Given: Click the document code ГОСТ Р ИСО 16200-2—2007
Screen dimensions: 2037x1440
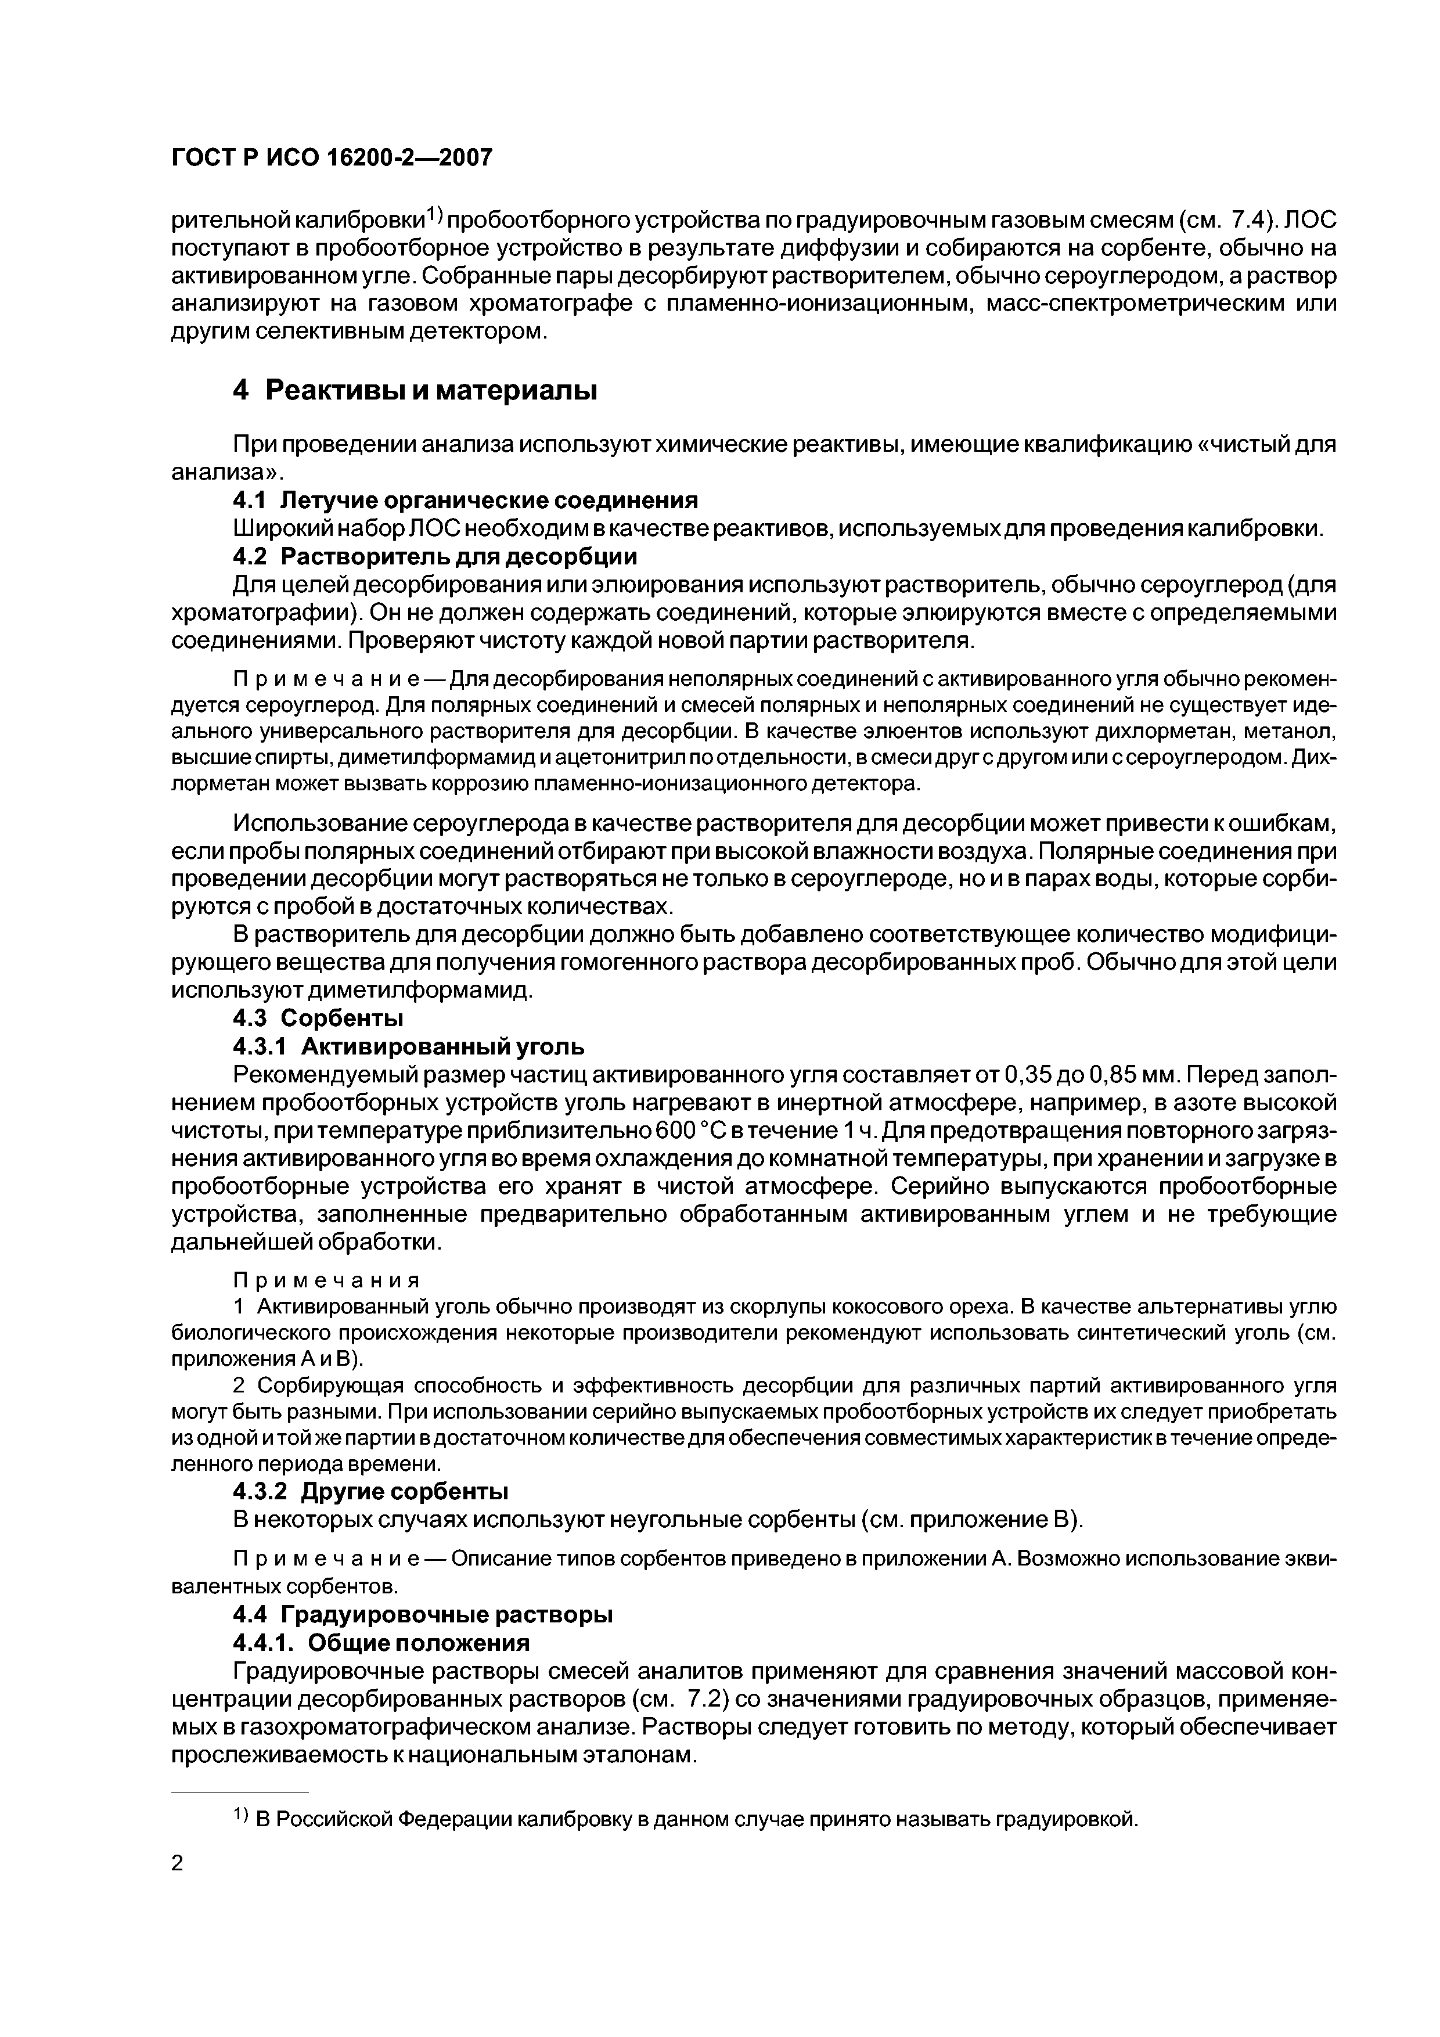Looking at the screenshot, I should (x=331, y=158).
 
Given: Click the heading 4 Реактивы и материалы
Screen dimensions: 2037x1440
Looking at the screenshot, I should (x=415, y=390).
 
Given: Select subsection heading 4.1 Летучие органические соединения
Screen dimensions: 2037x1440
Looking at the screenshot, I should (x=465, y=501).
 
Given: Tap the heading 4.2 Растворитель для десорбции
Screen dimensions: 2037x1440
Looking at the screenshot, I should (x=435, y=556).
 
